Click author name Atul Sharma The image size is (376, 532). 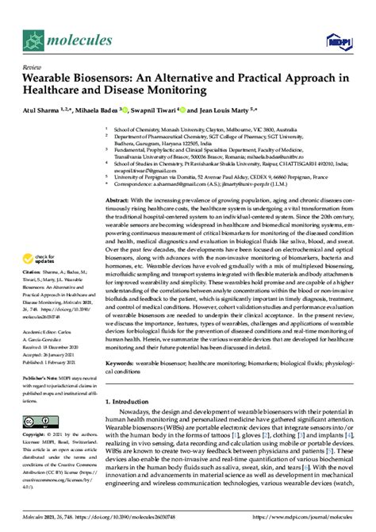(x=41, y=110)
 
